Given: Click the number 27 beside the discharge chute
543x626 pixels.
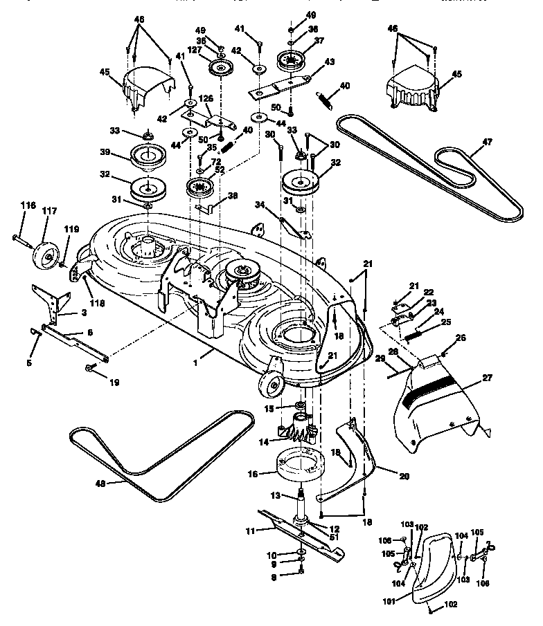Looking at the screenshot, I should coord(488,378).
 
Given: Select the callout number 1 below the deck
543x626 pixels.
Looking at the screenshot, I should coord(195,360).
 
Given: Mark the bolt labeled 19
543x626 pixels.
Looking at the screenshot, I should coord(91,367).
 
